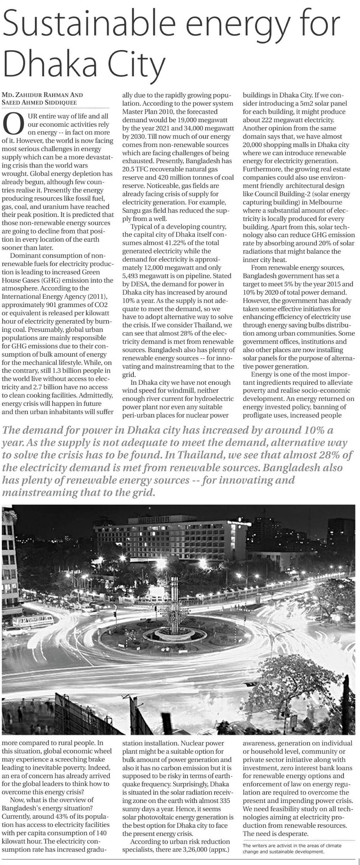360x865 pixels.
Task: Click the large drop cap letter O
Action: [x=12, y=124]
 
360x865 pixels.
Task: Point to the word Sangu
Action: [x=131, y=210]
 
